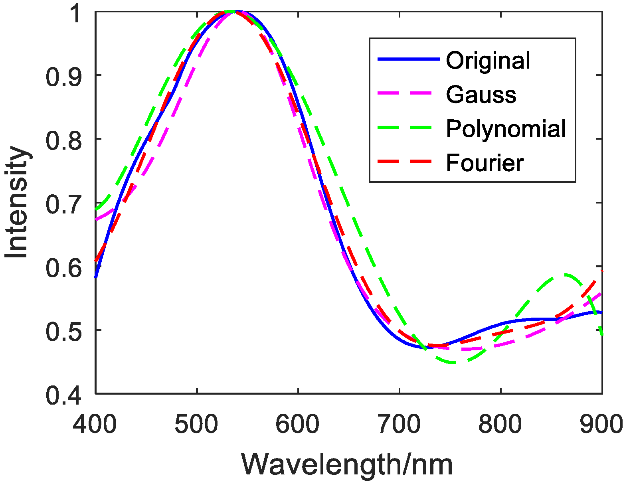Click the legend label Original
click(x=488, y=61)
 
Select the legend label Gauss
click(x=481, y=95)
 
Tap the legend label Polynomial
click(x=506, y=129)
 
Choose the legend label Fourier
click(x=485, y=163)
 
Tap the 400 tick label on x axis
click(x=95, y=425)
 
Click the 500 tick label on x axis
click(x=196, y=425)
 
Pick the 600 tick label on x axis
click(x=298, y=425)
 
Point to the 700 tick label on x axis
click(x=399, y=425)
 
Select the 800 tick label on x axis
click(x=500, y=425)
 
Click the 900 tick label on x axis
click(x=601, y=425)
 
